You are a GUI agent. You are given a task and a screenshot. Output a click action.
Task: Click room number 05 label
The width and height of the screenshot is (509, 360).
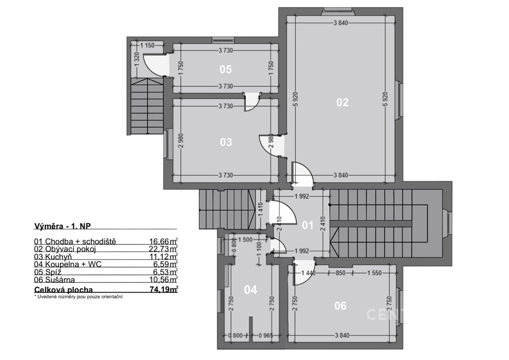point(226,69)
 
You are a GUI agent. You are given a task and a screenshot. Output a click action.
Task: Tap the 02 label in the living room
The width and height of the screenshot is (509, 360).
point(342,102)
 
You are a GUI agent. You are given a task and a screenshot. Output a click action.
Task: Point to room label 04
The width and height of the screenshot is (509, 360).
point(251,289)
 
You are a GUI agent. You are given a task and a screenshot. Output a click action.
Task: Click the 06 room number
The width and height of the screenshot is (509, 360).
point(340,305)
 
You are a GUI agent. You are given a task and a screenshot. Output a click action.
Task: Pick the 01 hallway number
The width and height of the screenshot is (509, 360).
point(307,225)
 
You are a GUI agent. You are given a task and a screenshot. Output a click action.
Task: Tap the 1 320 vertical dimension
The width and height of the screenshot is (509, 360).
point(137,59)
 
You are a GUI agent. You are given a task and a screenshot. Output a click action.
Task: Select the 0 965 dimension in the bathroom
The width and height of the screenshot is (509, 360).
point(265,335)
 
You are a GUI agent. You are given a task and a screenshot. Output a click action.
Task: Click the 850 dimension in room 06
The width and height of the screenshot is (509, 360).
point(340,273)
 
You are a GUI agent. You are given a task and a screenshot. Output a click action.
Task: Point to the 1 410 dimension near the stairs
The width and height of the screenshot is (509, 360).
point(260,210)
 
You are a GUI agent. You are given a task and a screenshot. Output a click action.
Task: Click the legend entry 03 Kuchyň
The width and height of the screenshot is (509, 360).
point(53,257)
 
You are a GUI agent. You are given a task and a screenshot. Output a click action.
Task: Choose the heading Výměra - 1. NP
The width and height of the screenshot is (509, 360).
point(62,226)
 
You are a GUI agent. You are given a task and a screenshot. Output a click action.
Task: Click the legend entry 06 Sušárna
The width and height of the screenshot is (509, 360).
point(54,279)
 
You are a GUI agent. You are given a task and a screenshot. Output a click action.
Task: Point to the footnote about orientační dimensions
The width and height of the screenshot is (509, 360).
point(78,297)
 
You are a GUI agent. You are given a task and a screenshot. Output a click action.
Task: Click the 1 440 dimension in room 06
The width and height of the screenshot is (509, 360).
point(308,273)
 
